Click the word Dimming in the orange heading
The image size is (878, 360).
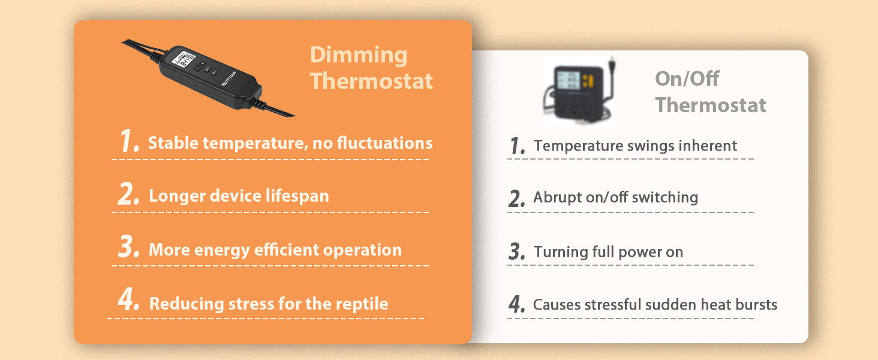[x=359, y=55]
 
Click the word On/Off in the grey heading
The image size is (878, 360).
[x=687, y=79]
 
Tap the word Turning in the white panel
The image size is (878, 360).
[x=558, y=253]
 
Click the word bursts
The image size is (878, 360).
[x=757, y=305]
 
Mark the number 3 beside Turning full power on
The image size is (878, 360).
[x=516, y=252]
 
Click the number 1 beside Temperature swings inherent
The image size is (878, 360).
[x=516, y=146]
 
